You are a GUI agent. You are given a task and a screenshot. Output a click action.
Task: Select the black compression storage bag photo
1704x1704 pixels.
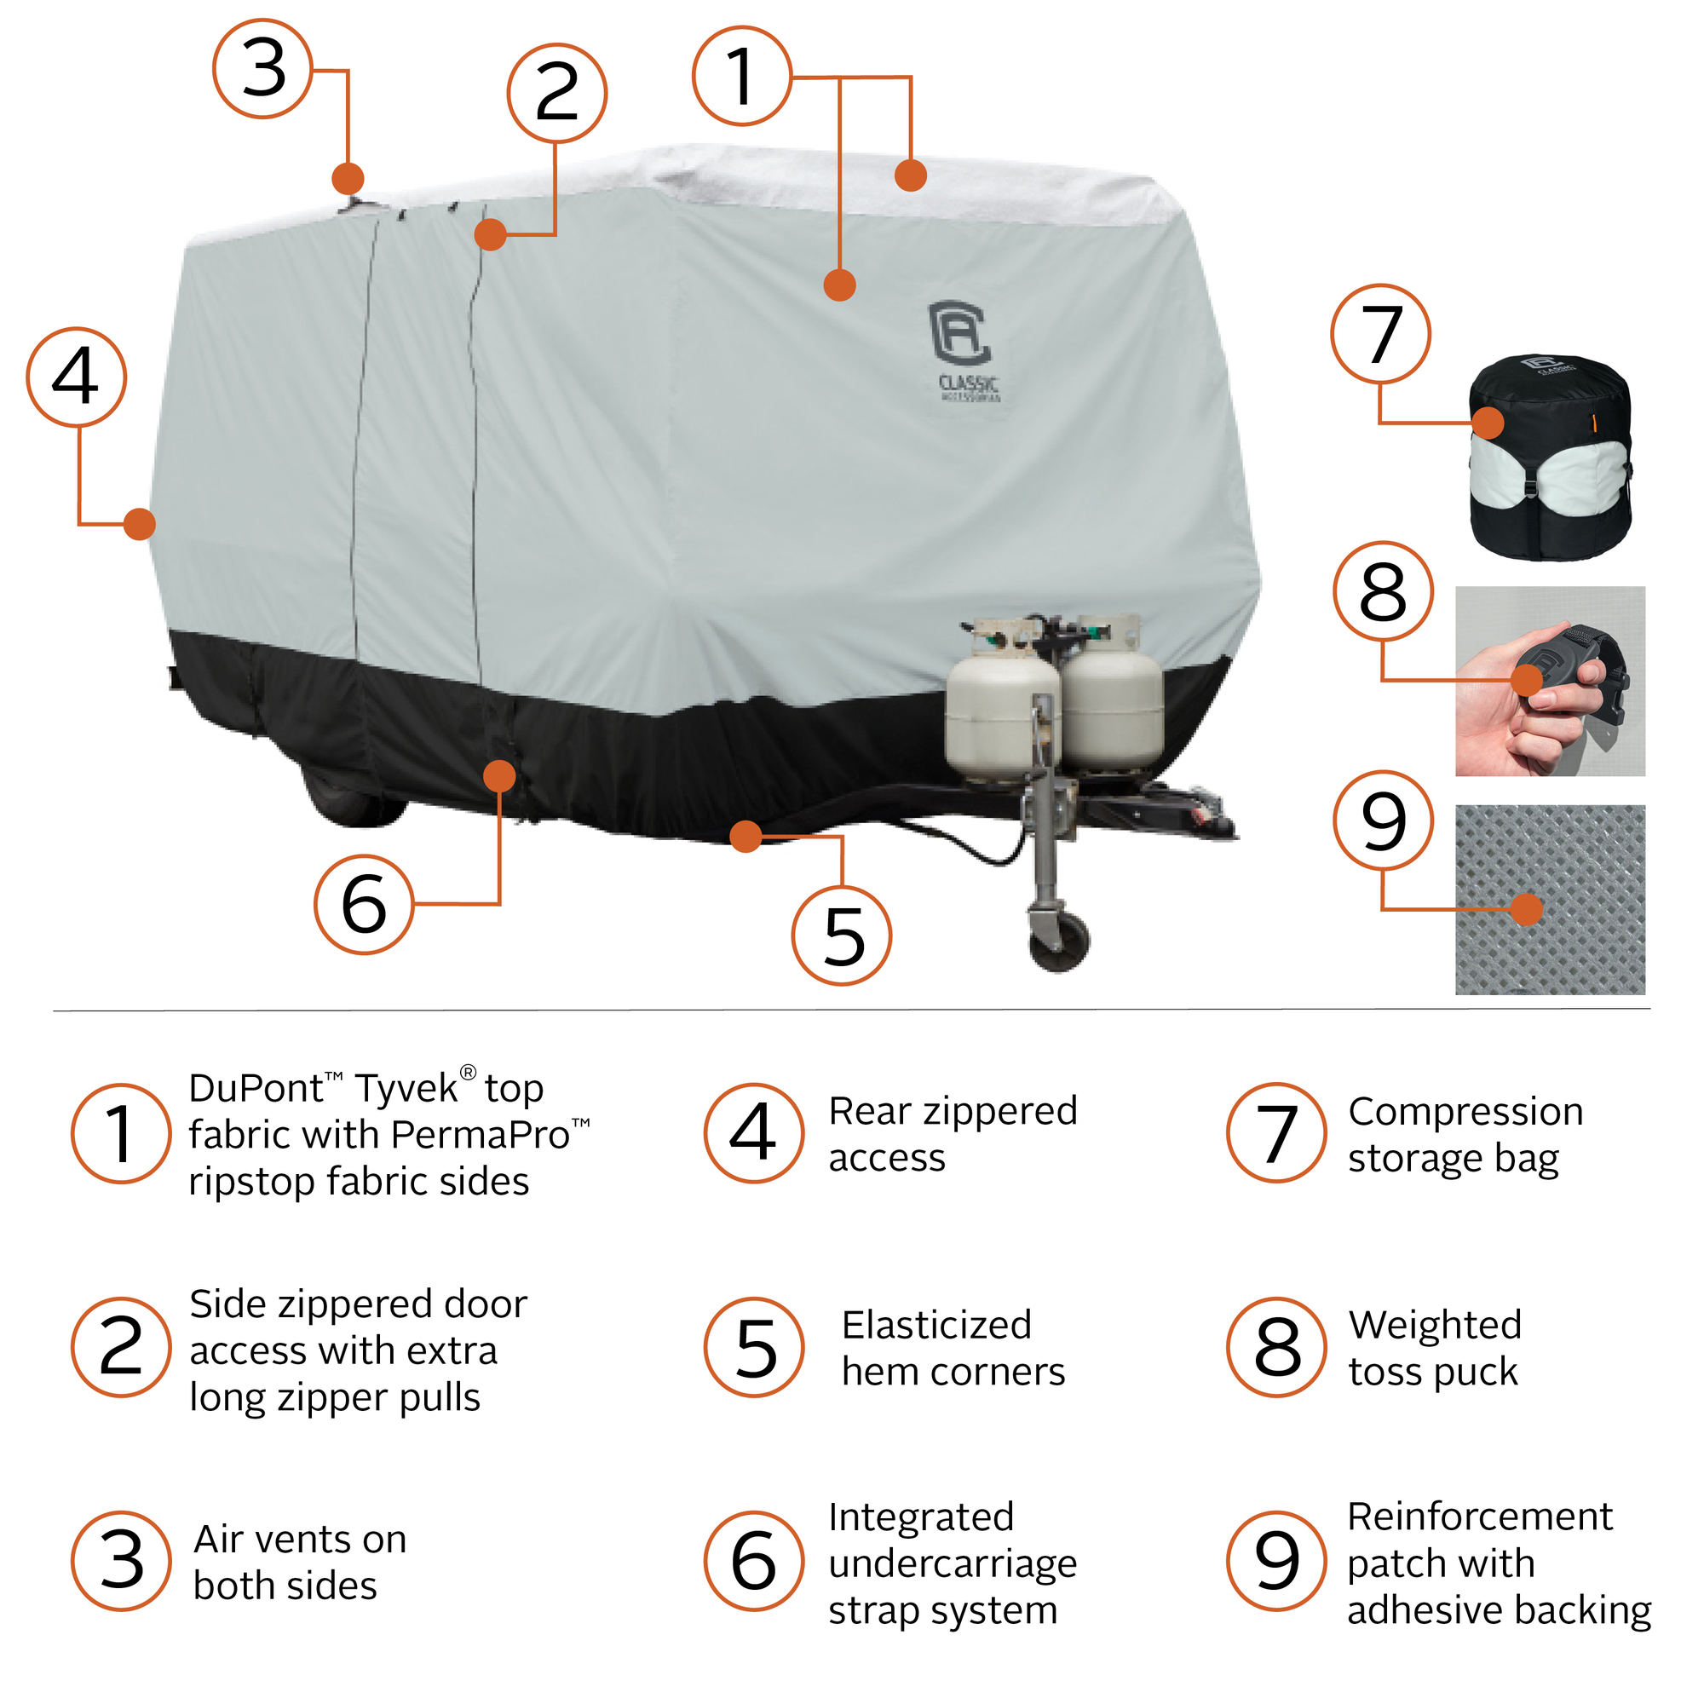click(1550, 457)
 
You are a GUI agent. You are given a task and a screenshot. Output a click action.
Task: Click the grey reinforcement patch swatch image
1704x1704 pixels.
click(1550, 900)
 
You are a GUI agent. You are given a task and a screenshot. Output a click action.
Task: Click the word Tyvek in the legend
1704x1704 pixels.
click(406, 1089)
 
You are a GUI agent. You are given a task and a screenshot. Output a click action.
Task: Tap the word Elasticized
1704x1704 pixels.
click(936, 1326)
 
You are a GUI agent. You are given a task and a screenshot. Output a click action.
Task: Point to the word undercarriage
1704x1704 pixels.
click(953, 1563)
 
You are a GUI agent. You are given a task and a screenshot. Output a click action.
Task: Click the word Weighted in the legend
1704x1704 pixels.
click(1435, 1326)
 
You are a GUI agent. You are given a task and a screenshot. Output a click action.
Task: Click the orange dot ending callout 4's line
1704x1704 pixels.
click(140, 524)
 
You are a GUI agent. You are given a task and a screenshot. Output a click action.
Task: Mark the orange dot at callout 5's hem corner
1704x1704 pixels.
click(746, 836)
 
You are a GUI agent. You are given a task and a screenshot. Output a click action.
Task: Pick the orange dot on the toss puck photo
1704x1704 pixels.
click(1527, 680)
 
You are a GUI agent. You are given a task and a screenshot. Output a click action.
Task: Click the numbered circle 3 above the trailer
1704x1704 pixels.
click(262, 69)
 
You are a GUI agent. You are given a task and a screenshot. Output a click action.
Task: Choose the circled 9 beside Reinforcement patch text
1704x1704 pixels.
click(1276, 1561)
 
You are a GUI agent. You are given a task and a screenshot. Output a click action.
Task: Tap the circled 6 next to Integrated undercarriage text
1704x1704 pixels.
click(754, 1561)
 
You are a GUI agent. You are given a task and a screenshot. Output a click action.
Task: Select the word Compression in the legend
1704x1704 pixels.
click(1465, 1112)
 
